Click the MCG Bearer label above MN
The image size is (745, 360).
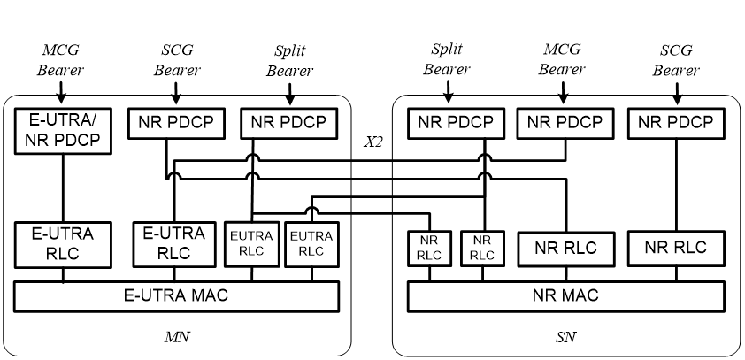pos(61,59)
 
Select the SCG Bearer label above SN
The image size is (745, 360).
pos(676,59)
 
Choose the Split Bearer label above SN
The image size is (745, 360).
pos(449,59)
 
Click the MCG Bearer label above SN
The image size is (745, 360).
pos(563,59)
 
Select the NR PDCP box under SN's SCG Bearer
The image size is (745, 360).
pos(676,123)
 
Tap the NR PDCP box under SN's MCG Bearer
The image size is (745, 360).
pos(563,123)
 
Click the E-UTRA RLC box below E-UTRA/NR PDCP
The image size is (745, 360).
pos(63,245)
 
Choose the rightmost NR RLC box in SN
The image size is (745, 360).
pos(677,248)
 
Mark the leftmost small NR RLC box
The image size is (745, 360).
pos(429,248)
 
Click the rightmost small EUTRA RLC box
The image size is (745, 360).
pos(311,244)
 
